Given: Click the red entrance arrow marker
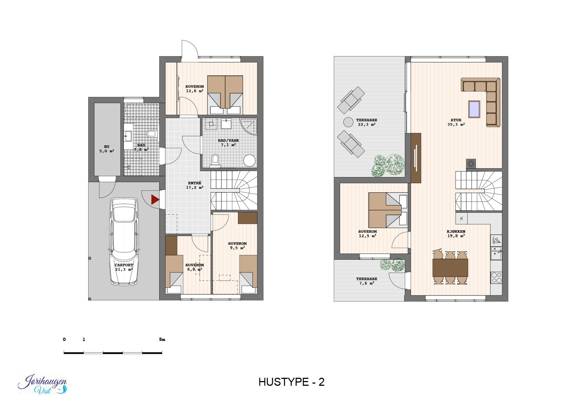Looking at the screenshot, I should [155, 200].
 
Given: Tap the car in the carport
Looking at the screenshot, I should [124, 241].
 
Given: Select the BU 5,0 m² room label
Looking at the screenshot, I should [106, 148].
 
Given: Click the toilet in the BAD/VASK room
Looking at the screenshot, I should [215, 160].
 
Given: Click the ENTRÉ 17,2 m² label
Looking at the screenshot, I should [195, 185].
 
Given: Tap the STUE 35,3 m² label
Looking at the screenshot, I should [456, 122].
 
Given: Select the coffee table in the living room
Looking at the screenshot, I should [474, 109].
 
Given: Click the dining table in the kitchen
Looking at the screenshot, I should [450, 268].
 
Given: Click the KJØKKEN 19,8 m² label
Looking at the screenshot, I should [456, 234].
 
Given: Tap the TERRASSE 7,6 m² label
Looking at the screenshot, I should [367, 281].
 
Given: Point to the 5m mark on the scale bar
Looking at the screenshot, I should [162, 340].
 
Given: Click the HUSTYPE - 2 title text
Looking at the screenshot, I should [291, 382].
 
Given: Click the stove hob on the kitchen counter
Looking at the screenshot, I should [496, 278].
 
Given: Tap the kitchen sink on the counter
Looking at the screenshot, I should [496, 253].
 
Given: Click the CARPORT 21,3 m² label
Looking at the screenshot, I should [124, 267].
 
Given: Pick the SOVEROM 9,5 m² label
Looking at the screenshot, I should [237, 246].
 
